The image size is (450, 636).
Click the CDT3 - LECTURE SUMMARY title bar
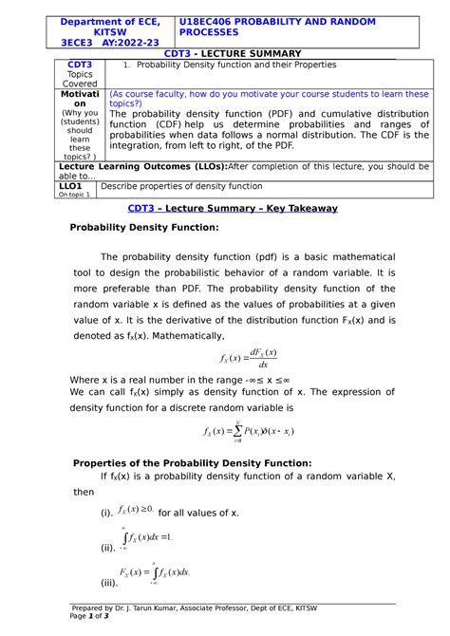click(x=233, y=53)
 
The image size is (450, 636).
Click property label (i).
click(x=105, y=514)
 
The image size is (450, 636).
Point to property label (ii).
click(x=106, y=549)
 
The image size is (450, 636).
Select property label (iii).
click(x=107, y=582)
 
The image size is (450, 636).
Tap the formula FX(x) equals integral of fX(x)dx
click(x=155, y=572)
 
